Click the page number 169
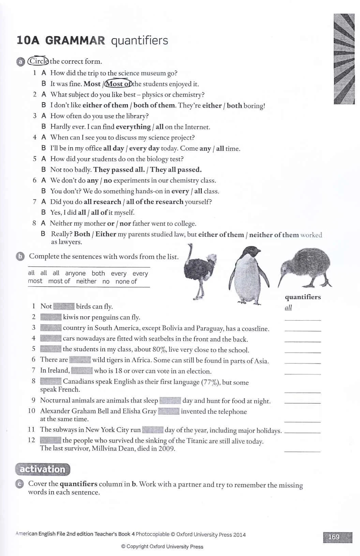click(333, 537)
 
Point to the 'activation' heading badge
click(43, 469)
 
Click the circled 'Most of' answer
click(118, 84)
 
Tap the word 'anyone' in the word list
click(75, 273)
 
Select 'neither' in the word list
click(86, 281)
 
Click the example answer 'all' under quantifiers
click(288, 308)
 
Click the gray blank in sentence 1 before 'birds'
click(64, 306)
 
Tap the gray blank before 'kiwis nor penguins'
click(51, 317)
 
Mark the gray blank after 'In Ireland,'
click(82, 371)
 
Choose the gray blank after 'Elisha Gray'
click(169, 411)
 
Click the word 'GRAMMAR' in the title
click(75, 41)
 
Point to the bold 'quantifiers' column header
click(303, 297)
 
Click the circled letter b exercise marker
click(20, 257)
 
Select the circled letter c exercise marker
click(20, 484)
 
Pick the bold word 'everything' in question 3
click(133, 127)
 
